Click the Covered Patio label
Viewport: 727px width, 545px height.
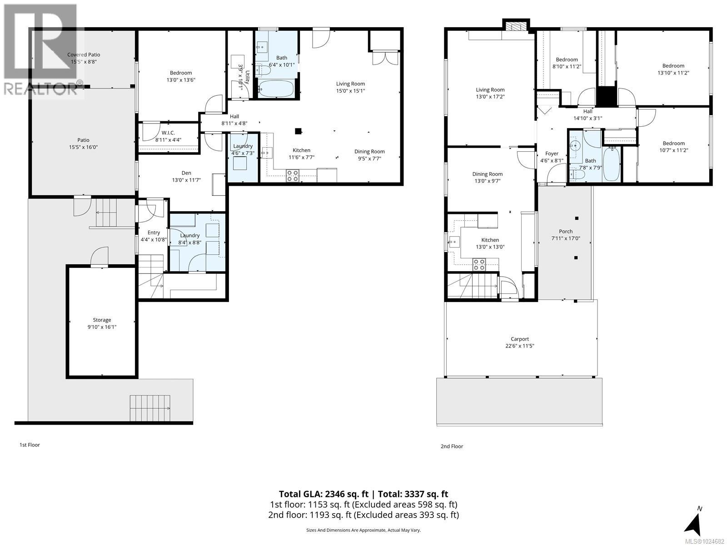[84, 54]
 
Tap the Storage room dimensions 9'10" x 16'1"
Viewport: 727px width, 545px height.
[102, 327]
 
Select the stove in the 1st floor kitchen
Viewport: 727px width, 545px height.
[293, 175]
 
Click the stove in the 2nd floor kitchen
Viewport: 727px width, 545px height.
[479, 264]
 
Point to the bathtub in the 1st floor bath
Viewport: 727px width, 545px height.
[276, 89]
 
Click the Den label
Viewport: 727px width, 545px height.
[186, 173]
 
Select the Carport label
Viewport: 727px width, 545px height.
[520, 339]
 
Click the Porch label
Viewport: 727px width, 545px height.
[566, 231]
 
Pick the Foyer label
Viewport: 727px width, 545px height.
[552, 154]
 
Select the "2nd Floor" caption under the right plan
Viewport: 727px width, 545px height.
[452, 446]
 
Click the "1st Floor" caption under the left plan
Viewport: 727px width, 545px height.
[30, 445]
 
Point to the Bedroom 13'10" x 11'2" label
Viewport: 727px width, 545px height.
[673, 66]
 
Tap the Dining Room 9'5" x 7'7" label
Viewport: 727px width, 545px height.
[369, 152]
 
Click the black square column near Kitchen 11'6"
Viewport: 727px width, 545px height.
[298, 131]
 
